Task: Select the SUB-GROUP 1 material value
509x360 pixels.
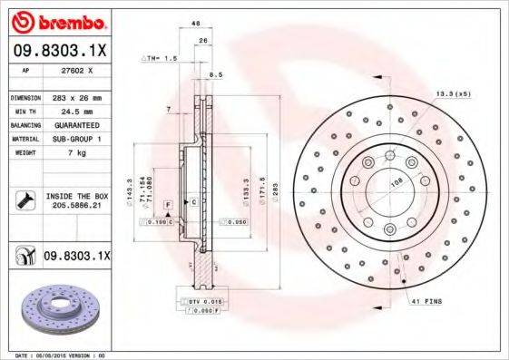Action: coord(74,140)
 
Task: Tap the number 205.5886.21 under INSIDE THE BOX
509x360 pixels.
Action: coord(74,206)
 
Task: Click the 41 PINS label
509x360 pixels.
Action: coord(426,299)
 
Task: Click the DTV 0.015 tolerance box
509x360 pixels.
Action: coord(198,300)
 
